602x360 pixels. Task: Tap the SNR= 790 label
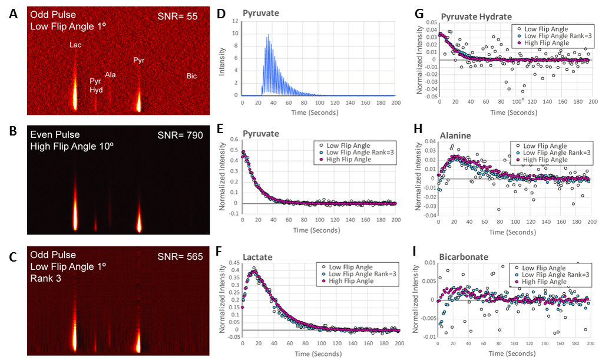pos(180,136)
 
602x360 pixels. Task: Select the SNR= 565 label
pos(180,256)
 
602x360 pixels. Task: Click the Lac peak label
pos(75,45)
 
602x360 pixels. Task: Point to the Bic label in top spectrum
pos(192,76)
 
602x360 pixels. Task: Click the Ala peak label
pos(111,75)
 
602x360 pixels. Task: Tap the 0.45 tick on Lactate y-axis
pos(232,263)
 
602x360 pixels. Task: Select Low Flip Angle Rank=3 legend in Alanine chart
pos(557,153)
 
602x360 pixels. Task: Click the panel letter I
pos(415,252)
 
